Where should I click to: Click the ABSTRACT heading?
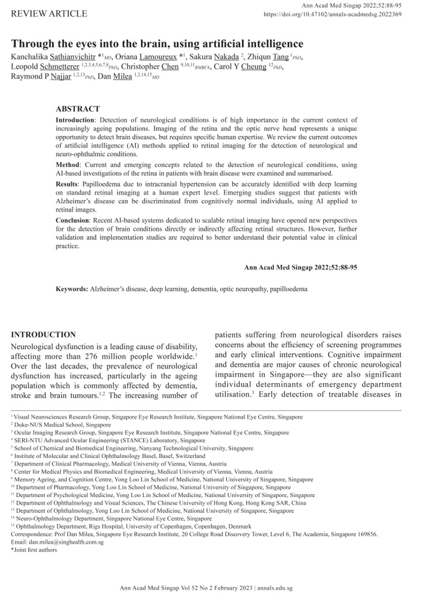click(78, 109)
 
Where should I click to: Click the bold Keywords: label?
click(72, 289)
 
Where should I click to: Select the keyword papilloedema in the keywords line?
click(287, 289)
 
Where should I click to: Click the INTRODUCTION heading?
click(44, 335)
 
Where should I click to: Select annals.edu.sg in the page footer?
click(275, 587)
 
